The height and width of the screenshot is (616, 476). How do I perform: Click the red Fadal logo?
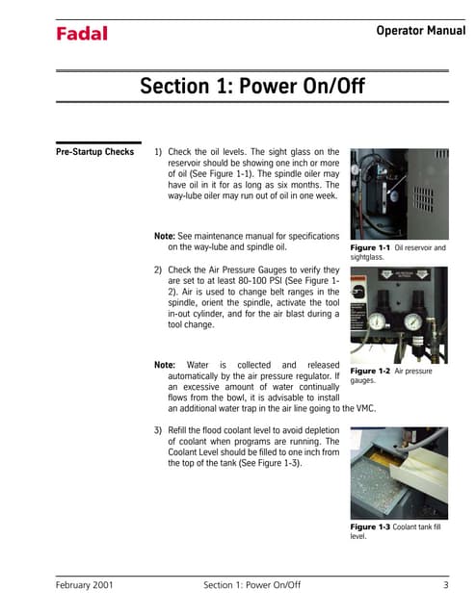(81, 35)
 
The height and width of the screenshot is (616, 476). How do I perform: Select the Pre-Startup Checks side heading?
(94, 152)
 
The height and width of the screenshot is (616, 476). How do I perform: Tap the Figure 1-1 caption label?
(370, 248)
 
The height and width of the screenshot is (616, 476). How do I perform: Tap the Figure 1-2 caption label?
(370, 371)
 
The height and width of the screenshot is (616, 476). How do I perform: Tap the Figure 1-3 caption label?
(371, 526)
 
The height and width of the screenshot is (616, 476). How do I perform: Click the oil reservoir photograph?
(398, 192)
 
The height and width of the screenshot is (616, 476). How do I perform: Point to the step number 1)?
(159, 152)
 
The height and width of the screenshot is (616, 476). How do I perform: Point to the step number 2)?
(159, 270)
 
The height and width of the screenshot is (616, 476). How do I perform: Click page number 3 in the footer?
(446, 584)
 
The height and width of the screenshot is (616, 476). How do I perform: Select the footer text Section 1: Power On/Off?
(253, 584)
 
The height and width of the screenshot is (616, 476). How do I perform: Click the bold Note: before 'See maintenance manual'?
(167, 236)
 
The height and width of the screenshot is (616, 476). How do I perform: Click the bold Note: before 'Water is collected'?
(167, 366)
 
